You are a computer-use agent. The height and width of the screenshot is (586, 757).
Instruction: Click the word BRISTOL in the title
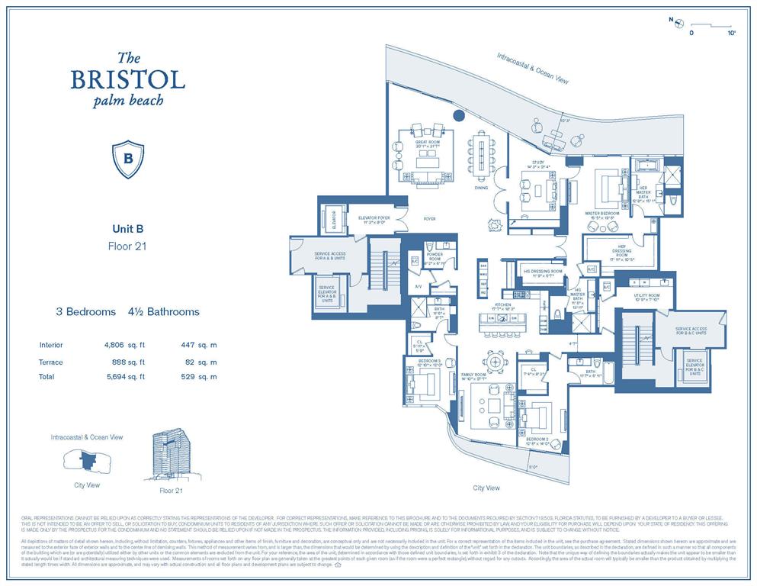[x=128, y=79]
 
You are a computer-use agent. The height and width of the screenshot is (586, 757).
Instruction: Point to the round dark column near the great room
[x=458, y=116]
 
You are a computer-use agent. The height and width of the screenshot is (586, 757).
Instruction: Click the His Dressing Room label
[x=542, y=271]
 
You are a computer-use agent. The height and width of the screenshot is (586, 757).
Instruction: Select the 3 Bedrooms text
[x=85, y=311]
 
